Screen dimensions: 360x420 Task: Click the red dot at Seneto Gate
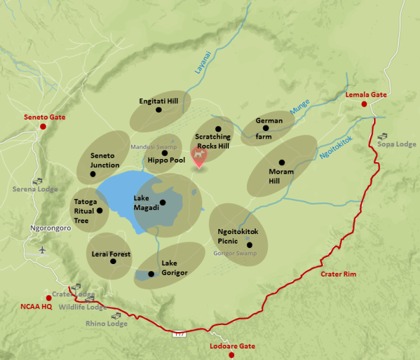coord(43,127)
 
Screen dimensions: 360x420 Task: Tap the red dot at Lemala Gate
coord(364,104)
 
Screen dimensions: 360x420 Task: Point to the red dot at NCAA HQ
coord(48,298)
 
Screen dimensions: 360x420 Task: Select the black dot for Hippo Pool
coord(164,153)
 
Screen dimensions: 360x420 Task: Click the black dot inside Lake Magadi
coord(163,203)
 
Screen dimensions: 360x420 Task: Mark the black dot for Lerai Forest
coord(113,261)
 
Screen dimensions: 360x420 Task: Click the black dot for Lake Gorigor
coord(151,275)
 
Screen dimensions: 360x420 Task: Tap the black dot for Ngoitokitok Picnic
coord(249,245)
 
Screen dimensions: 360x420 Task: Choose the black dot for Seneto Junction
coord(93,174)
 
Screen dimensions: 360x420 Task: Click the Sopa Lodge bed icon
coord(382,136)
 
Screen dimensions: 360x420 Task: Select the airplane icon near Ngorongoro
coord(42,249)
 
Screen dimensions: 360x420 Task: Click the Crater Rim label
coord(338,273)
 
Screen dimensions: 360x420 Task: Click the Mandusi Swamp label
coord(153,147)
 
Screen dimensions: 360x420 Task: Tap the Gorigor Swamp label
coord(235,253)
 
